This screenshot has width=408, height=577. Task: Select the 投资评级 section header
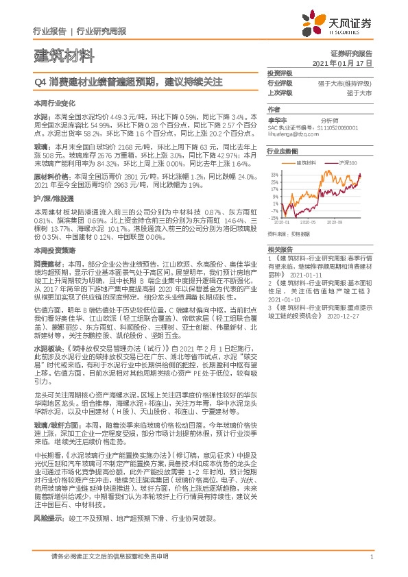tap(280, 73)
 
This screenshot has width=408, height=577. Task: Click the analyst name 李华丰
tap(276, 119)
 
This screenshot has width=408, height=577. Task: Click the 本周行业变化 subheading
tap(52, 102)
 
